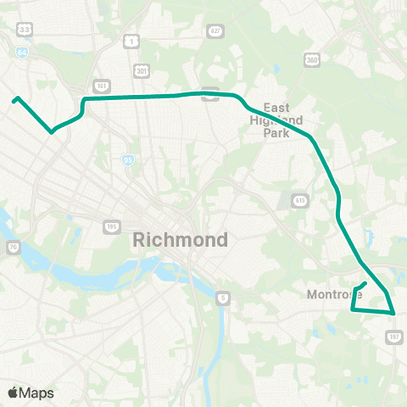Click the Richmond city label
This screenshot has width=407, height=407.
181,240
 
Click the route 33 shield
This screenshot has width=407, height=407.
25,30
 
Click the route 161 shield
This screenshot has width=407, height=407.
102,86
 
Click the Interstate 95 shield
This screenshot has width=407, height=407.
128,159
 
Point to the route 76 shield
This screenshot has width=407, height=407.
14,247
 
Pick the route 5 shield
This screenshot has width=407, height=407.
222,297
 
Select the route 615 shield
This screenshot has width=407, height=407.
300,199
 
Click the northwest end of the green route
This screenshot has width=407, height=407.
15,100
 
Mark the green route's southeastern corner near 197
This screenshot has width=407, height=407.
394,313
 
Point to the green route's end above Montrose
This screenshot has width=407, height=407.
365,283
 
